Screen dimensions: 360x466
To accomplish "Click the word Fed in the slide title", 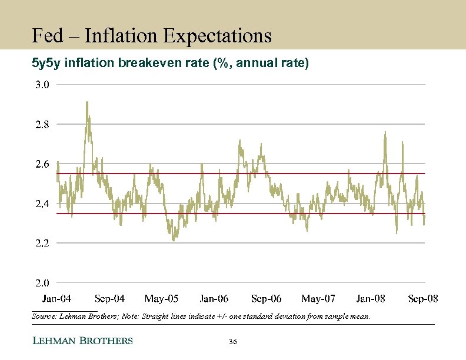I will point(46,36).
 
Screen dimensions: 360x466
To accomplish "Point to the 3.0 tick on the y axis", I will point(42,85).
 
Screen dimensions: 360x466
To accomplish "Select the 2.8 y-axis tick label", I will point(42,125).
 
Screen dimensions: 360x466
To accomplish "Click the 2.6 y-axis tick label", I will point(42,164).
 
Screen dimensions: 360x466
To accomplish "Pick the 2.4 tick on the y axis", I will point(42,204).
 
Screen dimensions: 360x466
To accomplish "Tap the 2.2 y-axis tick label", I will point(42,243).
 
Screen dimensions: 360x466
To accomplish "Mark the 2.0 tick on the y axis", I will point(42,283).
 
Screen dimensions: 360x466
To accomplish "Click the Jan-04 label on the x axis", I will point(56,299).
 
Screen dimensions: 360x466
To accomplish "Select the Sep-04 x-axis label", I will point(109,299).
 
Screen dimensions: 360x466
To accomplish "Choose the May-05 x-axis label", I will point(162,299).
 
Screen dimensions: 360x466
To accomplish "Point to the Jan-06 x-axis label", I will point(214,299).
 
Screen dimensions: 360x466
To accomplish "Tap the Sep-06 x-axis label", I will point(267,299).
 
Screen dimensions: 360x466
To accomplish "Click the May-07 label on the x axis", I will point(319,299).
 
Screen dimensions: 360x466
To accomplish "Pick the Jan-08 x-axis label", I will point(371,299).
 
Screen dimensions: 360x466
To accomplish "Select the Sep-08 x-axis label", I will point(423,299).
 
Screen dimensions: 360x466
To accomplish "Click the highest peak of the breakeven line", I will point(87,102).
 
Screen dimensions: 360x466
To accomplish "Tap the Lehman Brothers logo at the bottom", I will point(82,341).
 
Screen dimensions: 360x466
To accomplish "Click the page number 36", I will point(232,342).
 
